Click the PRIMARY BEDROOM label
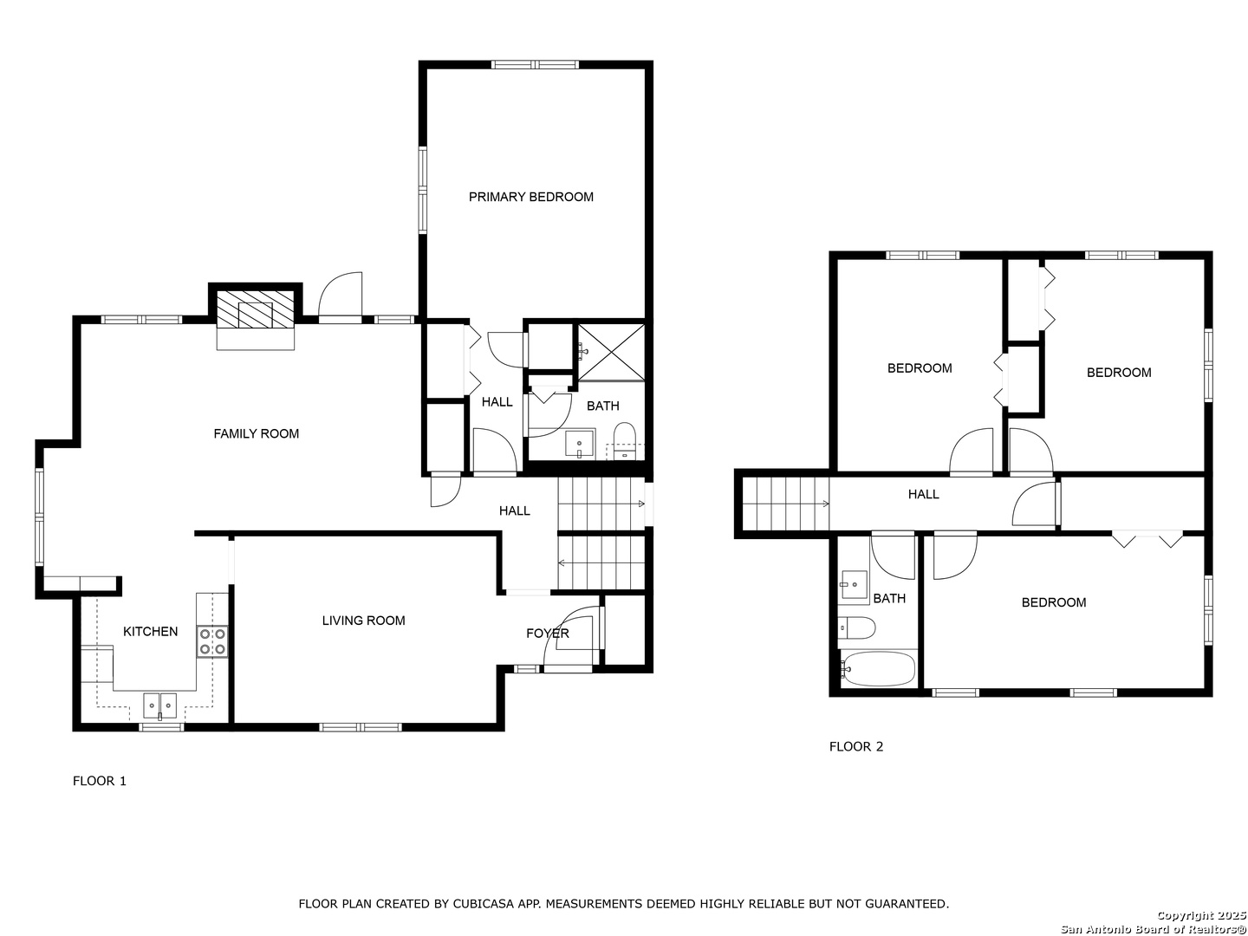[x=530, y=197]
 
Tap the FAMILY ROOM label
[x=256, y=433]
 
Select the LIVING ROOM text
[x=363, y=621]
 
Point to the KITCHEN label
[x=150, y=632]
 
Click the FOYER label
[x=548, y=633]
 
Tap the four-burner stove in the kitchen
[x=212, y=641]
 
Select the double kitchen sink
[x=159, y=705]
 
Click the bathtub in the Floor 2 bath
[x=877, y=669]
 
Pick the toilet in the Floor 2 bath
[x=856, y=628]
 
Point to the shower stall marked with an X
[x=611, y=352]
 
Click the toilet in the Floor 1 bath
[x=625, y=440]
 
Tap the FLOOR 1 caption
[x=100, y=781]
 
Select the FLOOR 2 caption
[x=856, y=746]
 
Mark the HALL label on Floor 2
[x=923, y=494]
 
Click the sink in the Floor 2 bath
[x=854, y=585]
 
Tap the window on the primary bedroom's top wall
[x=535, y=65]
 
